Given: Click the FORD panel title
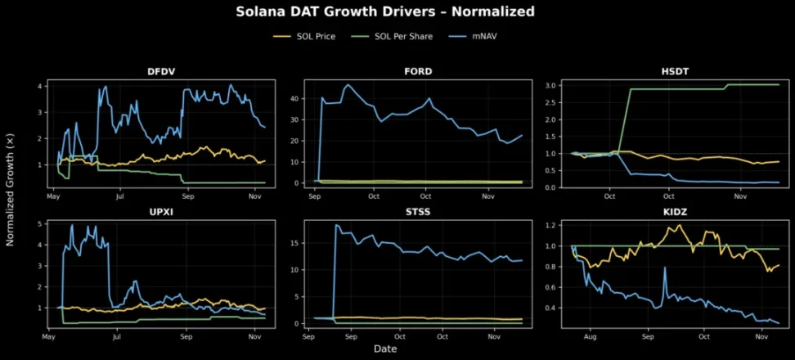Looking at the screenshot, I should click(418, 71).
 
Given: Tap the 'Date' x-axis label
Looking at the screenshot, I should click(385, 349).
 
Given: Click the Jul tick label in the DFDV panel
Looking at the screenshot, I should click(120, 197).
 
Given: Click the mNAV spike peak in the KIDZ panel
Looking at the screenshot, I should click(665, 268).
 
